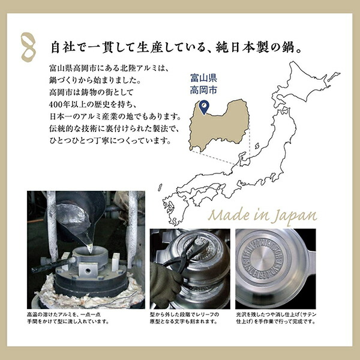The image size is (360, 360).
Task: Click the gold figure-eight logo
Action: coord(29,47)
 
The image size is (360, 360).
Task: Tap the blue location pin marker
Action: coord(204,107)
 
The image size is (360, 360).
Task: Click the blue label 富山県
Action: coord(203,78)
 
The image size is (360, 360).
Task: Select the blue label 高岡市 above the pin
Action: coord(203,90)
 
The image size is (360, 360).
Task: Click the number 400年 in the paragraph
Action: coord(59,104)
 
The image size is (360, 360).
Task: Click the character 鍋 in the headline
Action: coord(287,47)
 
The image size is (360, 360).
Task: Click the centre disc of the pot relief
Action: coord(262,259)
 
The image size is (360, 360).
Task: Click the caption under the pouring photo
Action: coord(68,318)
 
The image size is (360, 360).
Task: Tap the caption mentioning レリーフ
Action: coord(184,318)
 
